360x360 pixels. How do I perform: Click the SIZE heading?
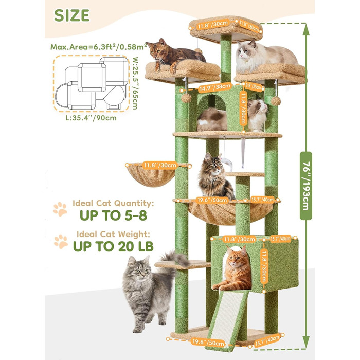[x=71, y=15]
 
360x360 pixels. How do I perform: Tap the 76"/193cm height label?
[x=306, y=186]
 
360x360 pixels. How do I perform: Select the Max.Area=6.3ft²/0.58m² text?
[x=99, y=47]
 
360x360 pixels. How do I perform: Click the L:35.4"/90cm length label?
[x=91, y=118]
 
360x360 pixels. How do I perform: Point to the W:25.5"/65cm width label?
[x=136, y=83]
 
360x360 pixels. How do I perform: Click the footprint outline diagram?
[x=91, y=83]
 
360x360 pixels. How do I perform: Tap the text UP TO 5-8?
[x=113, y=215]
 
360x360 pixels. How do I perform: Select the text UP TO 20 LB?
[x=113, y=246]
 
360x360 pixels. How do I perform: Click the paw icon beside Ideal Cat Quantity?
[x=60, y=209]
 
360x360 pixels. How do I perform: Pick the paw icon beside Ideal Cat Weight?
[x=61, y=241]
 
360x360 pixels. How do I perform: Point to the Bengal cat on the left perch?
[x=173, y=55]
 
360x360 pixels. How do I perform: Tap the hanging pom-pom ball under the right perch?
[x=275, y=101]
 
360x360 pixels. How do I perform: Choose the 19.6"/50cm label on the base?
[x=208, y=343]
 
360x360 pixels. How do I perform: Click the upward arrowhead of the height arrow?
[x=306, y=29]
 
